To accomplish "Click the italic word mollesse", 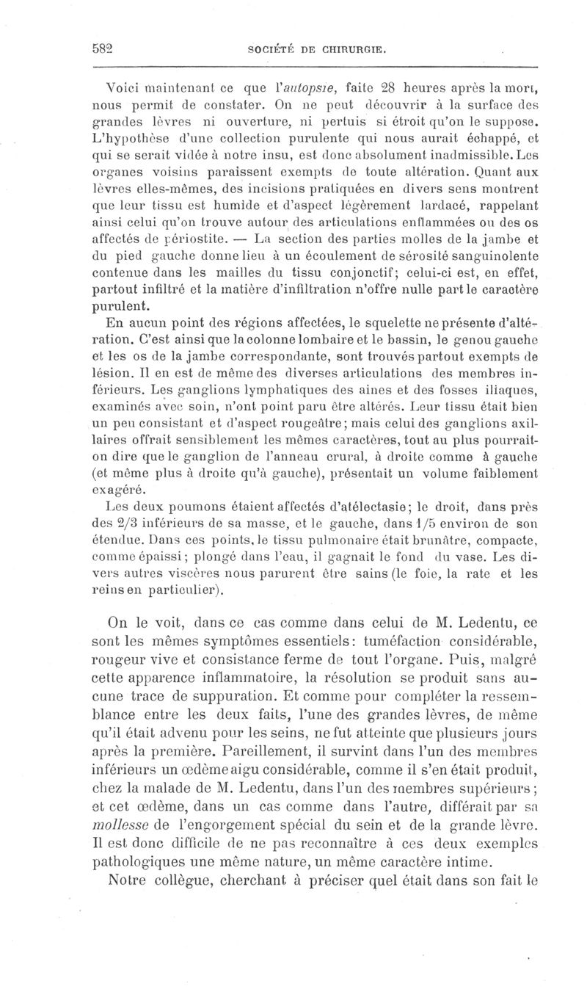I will [x=125, y=813].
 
